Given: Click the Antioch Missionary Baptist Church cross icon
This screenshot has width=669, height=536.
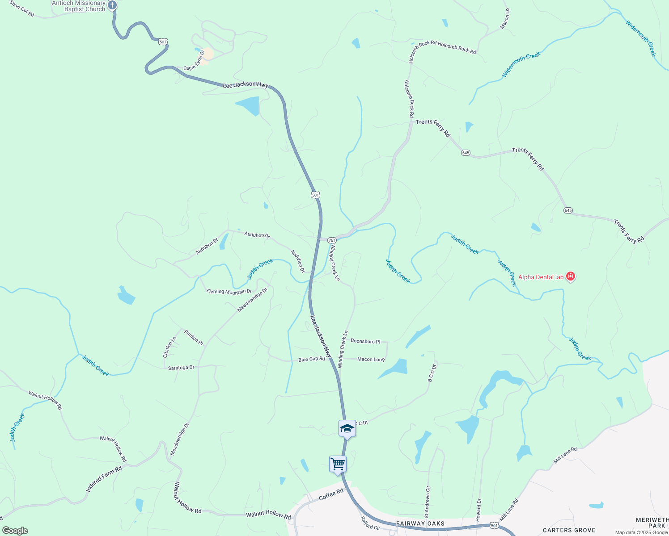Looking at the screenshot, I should [x=112, y=5].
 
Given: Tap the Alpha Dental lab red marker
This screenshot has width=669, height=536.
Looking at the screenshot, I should [x=570, y=276].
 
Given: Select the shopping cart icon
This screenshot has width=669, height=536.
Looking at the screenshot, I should [x=338, y=464].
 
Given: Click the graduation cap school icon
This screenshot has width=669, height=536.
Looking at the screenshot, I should [x=347, y=428].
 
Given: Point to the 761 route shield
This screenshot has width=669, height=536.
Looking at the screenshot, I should [x=332, y=240].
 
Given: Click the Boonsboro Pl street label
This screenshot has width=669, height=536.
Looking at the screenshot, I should [x=365, y=341].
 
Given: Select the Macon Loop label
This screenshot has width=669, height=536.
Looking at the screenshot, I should [x=371, y=359].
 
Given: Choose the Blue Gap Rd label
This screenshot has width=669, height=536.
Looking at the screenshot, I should [x=311, y=359].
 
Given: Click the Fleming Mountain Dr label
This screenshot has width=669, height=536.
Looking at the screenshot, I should [x=229, y=292].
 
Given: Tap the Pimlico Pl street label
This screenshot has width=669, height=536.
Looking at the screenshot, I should [x=194, y=337].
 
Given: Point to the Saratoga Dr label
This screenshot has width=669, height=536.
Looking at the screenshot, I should [x=181, y=368].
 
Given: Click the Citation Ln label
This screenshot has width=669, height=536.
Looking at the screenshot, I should [x=169, y=347].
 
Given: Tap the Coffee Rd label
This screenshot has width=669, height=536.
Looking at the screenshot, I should [x=331, y=494].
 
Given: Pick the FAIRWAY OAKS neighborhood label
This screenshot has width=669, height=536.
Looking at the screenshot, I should [x=420, y=523].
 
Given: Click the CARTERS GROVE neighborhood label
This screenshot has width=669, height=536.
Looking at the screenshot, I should [x=569, y=530].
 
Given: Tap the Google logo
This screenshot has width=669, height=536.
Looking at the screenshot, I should [x=15, y=531].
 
